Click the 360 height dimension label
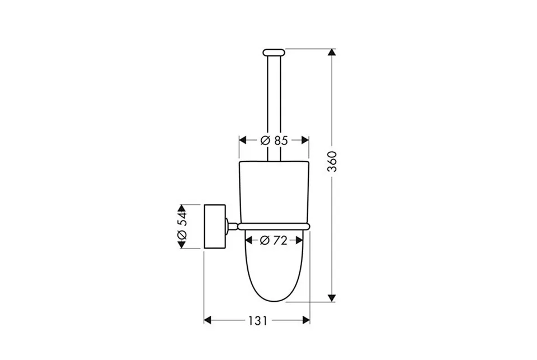coord(332,161)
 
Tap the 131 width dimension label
coord(257,321)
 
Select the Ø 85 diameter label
coord(274,141)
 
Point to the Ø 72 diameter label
coord(274,241)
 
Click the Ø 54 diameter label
coord(181,226)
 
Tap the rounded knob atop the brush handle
coord(274,53)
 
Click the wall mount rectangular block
coord(215,226)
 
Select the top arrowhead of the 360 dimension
coord(332,53)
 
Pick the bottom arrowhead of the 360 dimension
coord(332,298)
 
